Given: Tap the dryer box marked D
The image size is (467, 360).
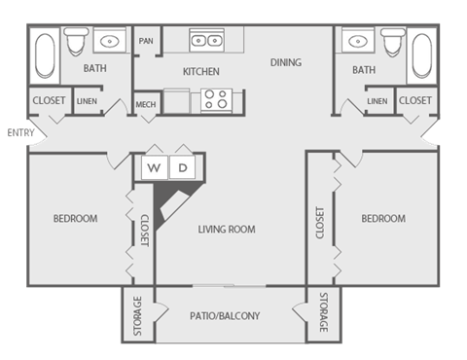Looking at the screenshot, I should click(182, 167).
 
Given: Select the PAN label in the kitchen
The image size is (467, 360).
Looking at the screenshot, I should click(147, 41).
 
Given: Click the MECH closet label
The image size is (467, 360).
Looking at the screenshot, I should click(146, 104).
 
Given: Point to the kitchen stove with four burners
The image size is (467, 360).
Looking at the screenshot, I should click(214, 99).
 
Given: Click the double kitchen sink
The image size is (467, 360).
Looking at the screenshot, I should click(205, 41).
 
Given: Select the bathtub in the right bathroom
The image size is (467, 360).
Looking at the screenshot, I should click(421, 56).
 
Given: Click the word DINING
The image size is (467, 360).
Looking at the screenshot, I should click(286, 62).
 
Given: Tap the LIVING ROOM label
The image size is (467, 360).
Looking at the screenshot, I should click(226, 230).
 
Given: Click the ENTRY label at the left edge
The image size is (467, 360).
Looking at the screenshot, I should click(13, 132).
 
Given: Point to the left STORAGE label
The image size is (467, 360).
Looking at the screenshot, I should click(137, 316).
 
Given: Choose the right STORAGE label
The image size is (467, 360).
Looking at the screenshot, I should click(323, 316).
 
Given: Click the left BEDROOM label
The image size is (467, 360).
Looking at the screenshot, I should click(75, 219).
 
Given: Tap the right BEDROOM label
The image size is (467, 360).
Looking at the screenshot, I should click(383, 219).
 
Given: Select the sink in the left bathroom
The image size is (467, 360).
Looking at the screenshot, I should click(108, 42).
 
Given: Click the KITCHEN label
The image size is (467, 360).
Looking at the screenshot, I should click(200, 71).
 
